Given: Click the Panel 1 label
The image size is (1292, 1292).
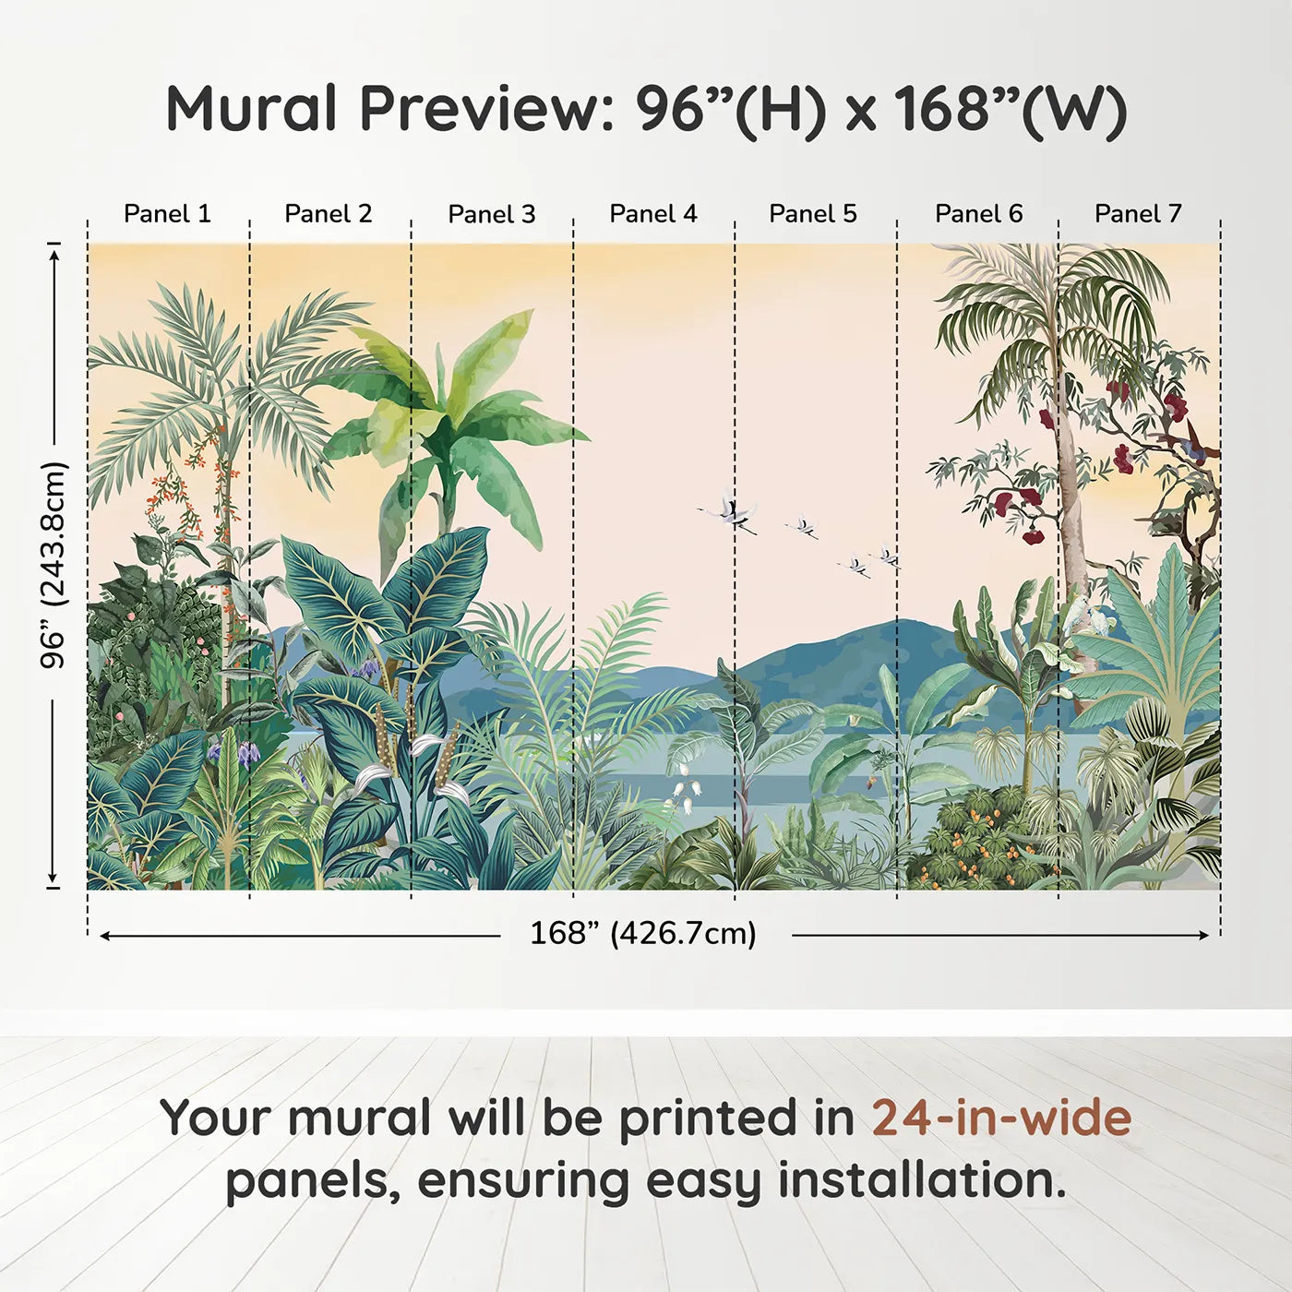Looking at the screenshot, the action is (168, 214).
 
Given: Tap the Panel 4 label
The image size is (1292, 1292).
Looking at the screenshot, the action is (653, 214).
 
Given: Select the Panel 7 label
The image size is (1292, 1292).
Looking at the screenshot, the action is (1138, 214).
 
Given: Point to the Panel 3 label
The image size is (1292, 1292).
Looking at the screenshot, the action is (492, 214).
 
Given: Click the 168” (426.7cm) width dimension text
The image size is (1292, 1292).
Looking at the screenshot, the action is (643, 933).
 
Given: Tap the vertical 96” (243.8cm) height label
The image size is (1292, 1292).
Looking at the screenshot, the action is (54, 565).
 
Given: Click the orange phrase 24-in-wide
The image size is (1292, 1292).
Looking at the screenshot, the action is (1001, 1118).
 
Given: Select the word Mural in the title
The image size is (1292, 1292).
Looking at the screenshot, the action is (251, 109).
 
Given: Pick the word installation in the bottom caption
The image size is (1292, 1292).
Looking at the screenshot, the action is (921, 1180).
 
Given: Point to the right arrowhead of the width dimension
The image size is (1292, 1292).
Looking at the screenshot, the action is (1204, 935).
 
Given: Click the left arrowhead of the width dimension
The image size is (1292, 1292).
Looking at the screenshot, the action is (105, 936).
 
